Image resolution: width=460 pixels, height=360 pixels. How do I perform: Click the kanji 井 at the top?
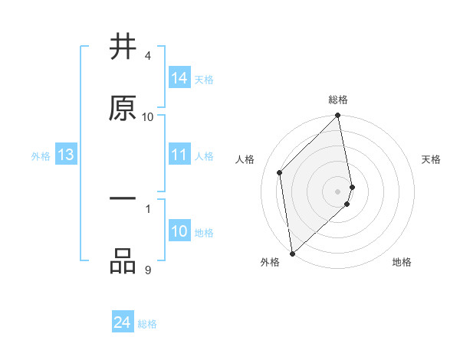tap(123, 47)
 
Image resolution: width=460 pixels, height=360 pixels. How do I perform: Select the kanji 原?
tap(123, 108)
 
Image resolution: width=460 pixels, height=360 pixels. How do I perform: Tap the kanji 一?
tap(123, 200)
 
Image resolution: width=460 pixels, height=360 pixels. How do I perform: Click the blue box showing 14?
tap(179, 78)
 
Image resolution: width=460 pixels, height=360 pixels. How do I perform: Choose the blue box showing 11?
tap(179, 155)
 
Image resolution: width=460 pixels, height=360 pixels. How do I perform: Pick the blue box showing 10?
tap(179, 231)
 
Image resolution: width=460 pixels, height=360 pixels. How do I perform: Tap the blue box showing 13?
tap(66, 155)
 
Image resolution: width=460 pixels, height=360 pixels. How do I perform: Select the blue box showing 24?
tap(123, 323)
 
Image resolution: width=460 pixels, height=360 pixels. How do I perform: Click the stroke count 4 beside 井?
tap(148, 56)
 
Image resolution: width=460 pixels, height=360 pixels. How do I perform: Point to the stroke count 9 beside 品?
tap(148, 270)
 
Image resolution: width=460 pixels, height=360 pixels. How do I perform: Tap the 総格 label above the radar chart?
tap(338, 100)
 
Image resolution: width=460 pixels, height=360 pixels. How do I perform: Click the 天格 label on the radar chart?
tap(432, 159)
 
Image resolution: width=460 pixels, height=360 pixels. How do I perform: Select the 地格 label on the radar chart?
tap(402, 262)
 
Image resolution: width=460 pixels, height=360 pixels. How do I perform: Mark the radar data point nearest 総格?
tap(338, 116)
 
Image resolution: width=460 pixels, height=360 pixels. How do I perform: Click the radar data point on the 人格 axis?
tap(280, 172)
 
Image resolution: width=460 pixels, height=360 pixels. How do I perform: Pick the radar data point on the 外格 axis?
tap(292, 254)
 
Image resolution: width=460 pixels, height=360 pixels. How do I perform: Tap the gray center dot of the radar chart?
tap(338, 191)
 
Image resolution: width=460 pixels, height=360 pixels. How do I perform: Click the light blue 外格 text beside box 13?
tap(41, 155)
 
